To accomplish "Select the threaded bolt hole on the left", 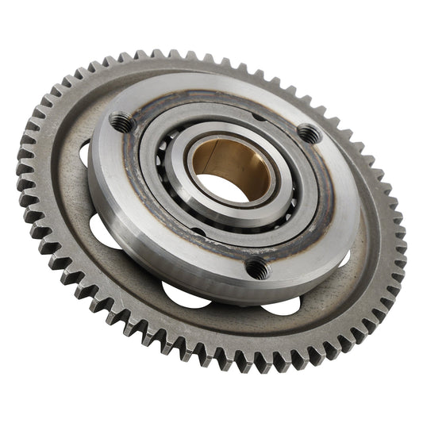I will pyautogui.click(x=121, y=121).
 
